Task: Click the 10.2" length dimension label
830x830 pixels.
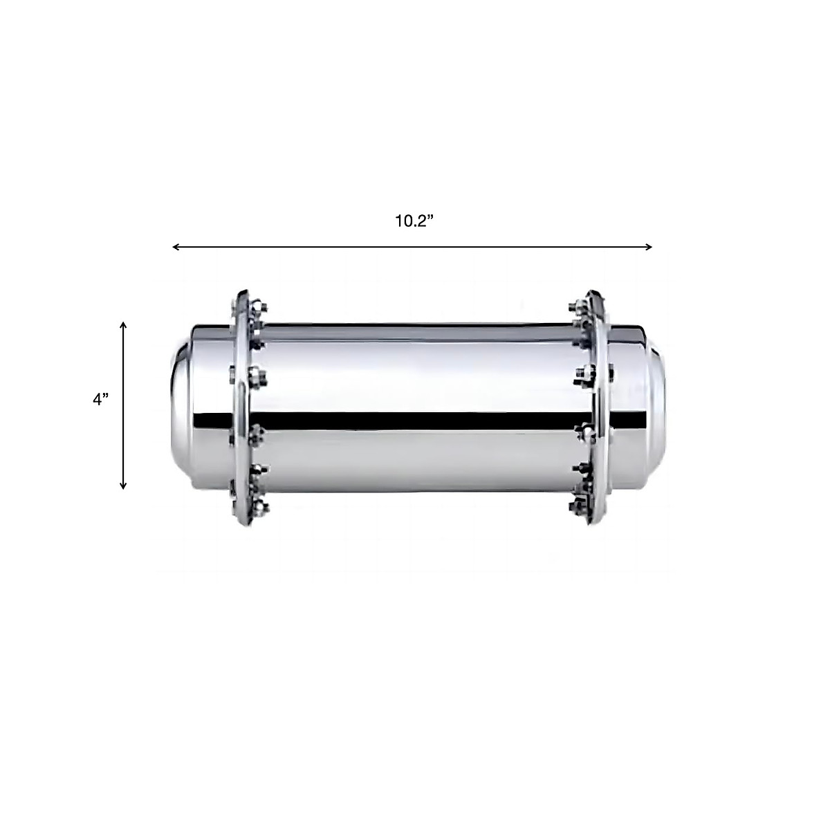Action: (414, 221)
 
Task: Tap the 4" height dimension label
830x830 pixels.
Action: (101, 400)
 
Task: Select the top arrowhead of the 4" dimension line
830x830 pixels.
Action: (123, 326)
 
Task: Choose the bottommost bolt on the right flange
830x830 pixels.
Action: (574, 508)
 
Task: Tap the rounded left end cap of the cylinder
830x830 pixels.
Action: (181, 408)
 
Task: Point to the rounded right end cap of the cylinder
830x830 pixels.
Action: (654, 408)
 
